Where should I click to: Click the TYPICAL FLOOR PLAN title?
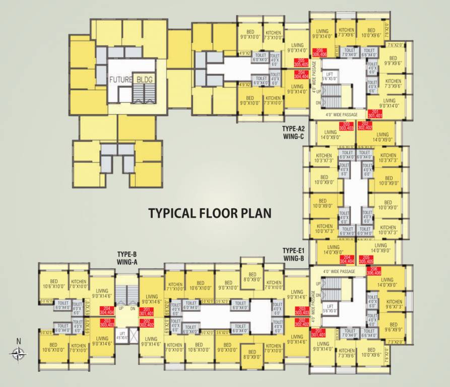pos(210,213)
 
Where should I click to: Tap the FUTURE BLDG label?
pos(132,80)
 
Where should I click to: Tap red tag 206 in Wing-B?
pos(373,271)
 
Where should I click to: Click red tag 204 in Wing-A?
pos(106,311)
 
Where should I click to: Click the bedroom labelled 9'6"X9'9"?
pos(394,327)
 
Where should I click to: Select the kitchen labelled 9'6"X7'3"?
pos(394,304)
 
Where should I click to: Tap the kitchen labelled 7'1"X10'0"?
pos(175,287)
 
